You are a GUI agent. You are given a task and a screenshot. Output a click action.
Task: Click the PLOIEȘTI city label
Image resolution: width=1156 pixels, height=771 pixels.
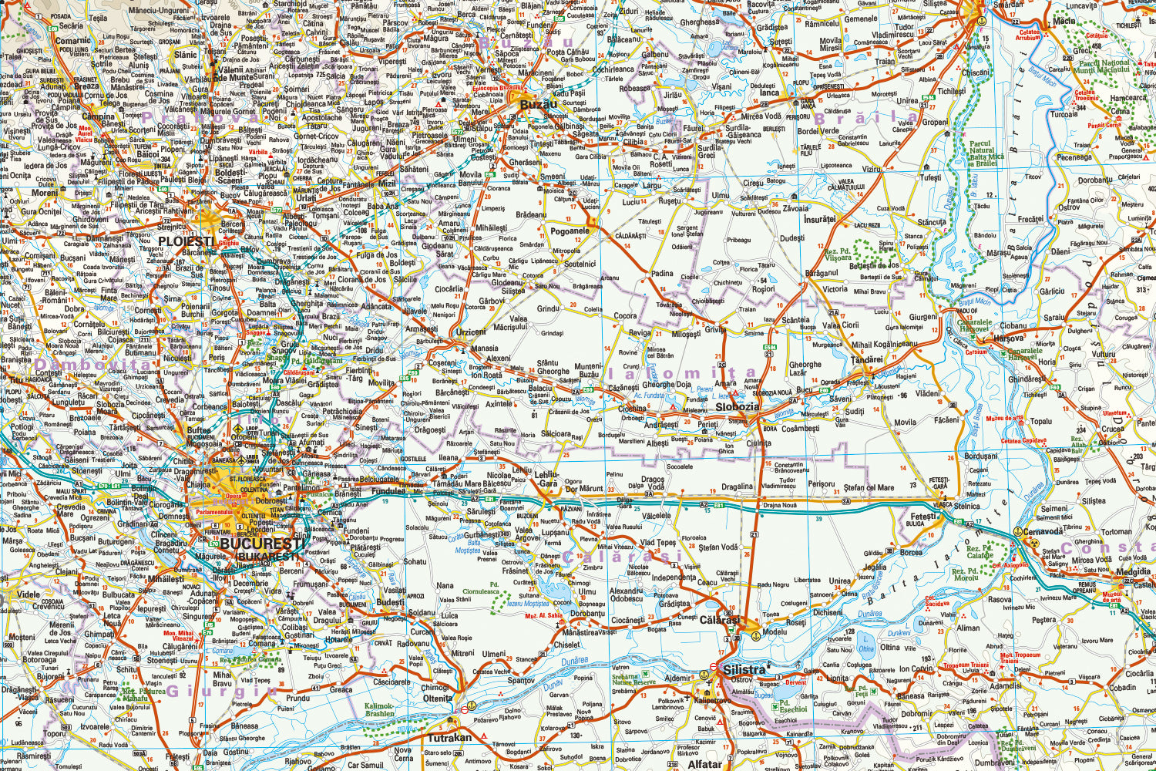tap(186, 241)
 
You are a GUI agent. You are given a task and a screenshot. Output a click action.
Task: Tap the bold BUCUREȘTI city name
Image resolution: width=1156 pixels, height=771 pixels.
tap(259, 543)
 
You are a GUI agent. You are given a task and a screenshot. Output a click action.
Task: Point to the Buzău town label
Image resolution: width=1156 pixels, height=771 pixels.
tap(538, 104)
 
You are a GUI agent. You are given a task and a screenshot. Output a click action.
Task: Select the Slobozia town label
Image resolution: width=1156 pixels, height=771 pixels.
tap(737, 406)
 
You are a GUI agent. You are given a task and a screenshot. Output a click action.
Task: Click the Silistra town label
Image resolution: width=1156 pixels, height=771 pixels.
tap(744, 669)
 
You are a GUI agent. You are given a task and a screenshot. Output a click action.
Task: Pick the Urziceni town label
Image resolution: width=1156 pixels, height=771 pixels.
tap(471, 332)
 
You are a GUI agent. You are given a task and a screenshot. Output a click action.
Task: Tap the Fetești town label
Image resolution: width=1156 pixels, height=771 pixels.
tap(923, 517)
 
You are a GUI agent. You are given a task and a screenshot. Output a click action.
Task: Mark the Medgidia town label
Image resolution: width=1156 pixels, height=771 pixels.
tap(1133, 572)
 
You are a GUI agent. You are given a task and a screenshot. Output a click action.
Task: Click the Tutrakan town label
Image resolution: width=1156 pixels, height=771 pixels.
tap(449, 737)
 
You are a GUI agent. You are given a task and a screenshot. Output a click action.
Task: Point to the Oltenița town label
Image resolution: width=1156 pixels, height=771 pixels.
tap(439, 699)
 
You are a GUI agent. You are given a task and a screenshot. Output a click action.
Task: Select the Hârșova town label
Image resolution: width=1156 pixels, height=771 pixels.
tap(1009, 338)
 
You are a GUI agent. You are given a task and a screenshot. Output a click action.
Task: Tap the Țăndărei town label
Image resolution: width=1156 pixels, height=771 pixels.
tap(867, 359)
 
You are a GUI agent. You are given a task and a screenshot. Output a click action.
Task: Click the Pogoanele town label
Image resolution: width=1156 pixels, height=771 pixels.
tap(570, 231)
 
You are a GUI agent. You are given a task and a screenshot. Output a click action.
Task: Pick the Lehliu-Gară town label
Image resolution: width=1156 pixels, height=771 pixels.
tap(546, 479)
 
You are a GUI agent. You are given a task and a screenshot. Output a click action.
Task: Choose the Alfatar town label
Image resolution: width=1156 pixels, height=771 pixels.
tap(704, 765)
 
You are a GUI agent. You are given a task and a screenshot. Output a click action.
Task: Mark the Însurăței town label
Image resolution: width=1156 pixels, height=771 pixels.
tap(819, 219)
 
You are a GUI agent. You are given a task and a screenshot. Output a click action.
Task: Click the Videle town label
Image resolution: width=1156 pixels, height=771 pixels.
tap(29, 594)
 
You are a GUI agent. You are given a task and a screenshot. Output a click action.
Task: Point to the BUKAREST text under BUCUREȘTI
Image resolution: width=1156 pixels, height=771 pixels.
tap(267, 557)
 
